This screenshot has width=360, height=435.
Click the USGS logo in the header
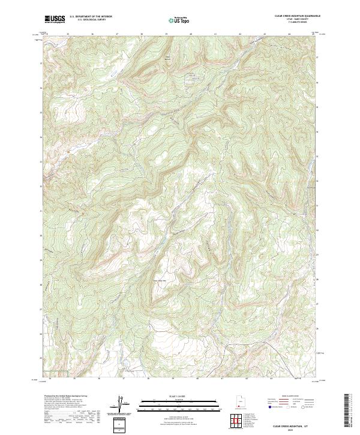(x=55, y=19)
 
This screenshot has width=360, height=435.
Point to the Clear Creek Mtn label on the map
(x=158, y=279)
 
